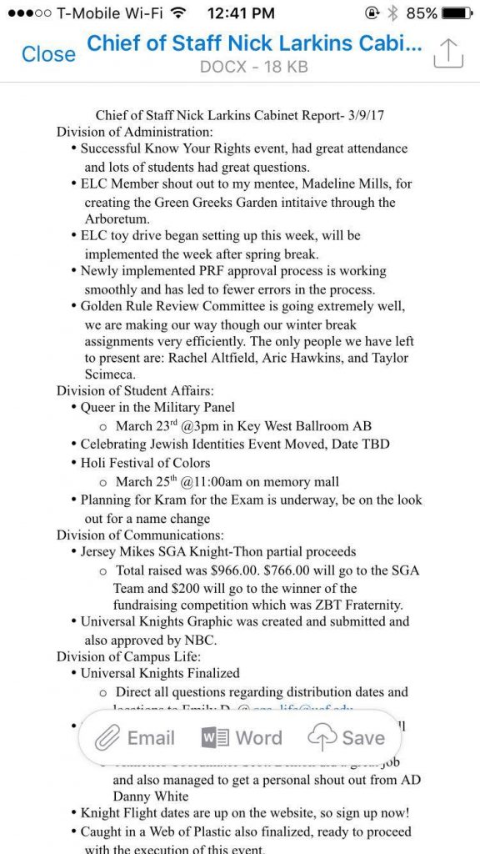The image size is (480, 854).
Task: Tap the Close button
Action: tap(48, 53)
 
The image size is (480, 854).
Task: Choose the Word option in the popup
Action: tap(242, 738)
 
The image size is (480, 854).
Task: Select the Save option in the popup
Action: tap(347, 738)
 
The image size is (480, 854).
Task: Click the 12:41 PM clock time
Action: tap(240, 13)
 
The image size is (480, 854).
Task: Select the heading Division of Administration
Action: tap(134, 132)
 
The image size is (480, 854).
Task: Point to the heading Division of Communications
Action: tap(138, 535)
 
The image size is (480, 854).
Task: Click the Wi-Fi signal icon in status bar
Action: tap(177, 13)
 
